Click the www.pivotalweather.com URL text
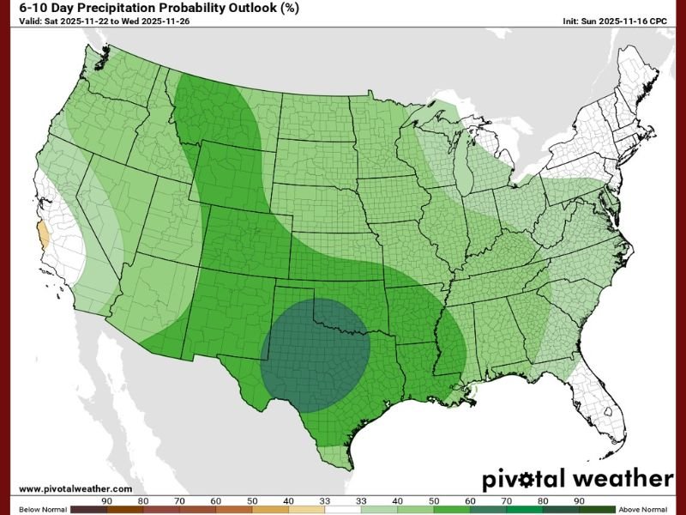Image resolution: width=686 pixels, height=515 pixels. [x=75, y=488]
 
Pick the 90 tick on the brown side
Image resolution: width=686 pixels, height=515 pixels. [x=107, y=500]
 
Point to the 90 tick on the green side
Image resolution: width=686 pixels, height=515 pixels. [x=580, y=500]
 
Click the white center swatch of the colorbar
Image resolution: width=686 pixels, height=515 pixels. [x=343, y=508]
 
